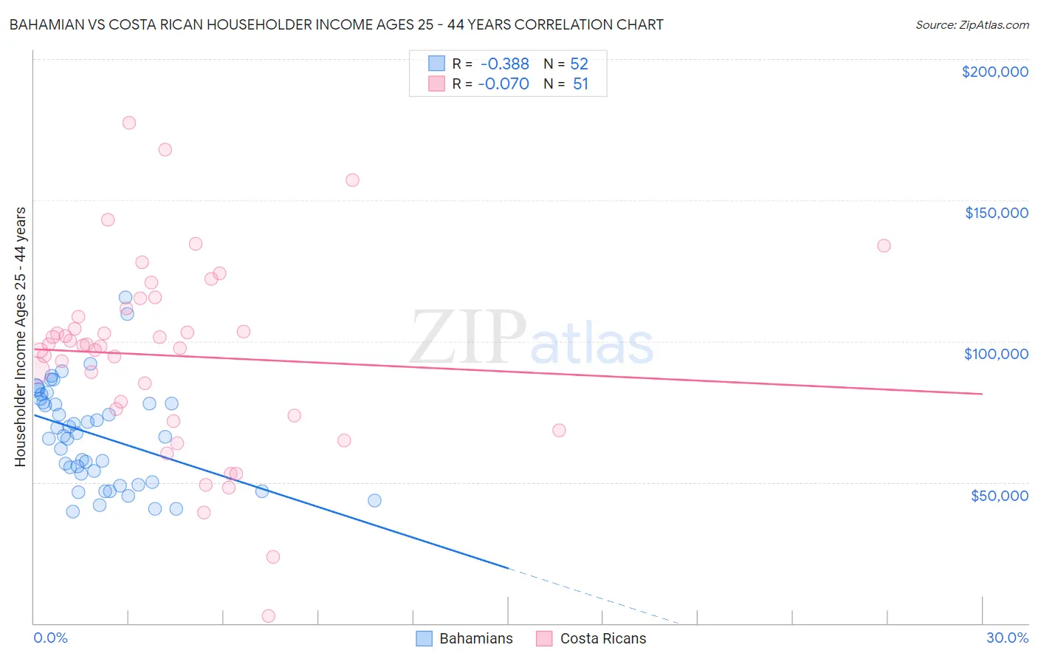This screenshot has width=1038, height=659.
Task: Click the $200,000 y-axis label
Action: coord(994,72)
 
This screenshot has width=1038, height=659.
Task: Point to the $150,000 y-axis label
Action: coord(996,213)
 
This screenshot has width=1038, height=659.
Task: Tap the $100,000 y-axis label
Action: coord(996,354)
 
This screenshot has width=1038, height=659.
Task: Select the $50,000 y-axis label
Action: coord(999,495)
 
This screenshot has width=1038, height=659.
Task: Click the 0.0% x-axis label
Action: coord(50,638)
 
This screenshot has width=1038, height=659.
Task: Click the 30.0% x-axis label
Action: coord(1007,638)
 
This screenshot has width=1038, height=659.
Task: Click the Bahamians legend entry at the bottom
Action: coord(464,638)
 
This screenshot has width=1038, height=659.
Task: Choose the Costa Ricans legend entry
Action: coord(591,638)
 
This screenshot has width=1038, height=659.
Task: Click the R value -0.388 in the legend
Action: coord(503,64)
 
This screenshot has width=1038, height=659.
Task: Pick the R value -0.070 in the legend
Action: coord(503,84)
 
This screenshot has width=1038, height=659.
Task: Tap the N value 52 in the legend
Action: coord(580,64)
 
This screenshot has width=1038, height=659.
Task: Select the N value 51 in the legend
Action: coord(580,84)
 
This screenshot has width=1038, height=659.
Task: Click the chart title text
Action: coord(336,24)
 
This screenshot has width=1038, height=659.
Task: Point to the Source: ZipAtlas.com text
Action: coord(972,25)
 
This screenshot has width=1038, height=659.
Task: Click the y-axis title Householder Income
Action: coord(21,337)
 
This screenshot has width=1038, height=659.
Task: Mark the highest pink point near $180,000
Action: coord(129,123)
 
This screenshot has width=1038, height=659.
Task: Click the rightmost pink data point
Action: coord(884,245)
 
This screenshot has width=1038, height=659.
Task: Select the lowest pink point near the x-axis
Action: coord(269,616)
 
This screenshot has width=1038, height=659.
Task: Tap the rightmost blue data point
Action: coord(374,500)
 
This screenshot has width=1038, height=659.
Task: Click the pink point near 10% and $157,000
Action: coord(352,180)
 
